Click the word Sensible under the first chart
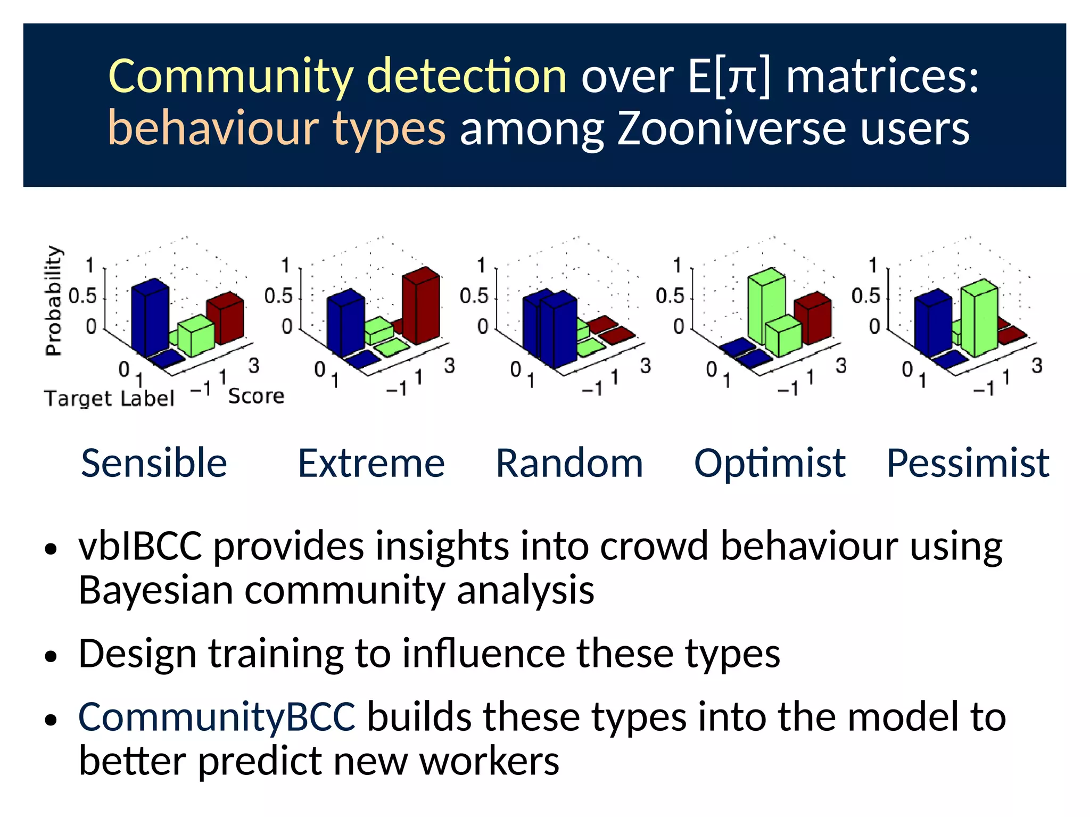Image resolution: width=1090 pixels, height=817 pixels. point(154,463)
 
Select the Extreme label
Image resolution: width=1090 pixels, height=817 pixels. point(371,463)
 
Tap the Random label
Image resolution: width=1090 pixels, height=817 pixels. point(569,463)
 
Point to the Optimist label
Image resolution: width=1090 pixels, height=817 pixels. point(770,464)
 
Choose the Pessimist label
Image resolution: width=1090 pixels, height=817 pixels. point(968,463)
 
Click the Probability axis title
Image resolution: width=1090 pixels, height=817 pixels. point(54,301)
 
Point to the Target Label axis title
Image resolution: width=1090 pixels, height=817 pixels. point(109,398)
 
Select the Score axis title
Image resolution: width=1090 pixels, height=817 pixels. point(256,396)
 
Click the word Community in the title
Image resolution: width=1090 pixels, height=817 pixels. point(230,76)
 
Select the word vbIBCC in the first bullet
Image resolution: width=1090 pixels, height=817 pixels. point(140,547)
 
